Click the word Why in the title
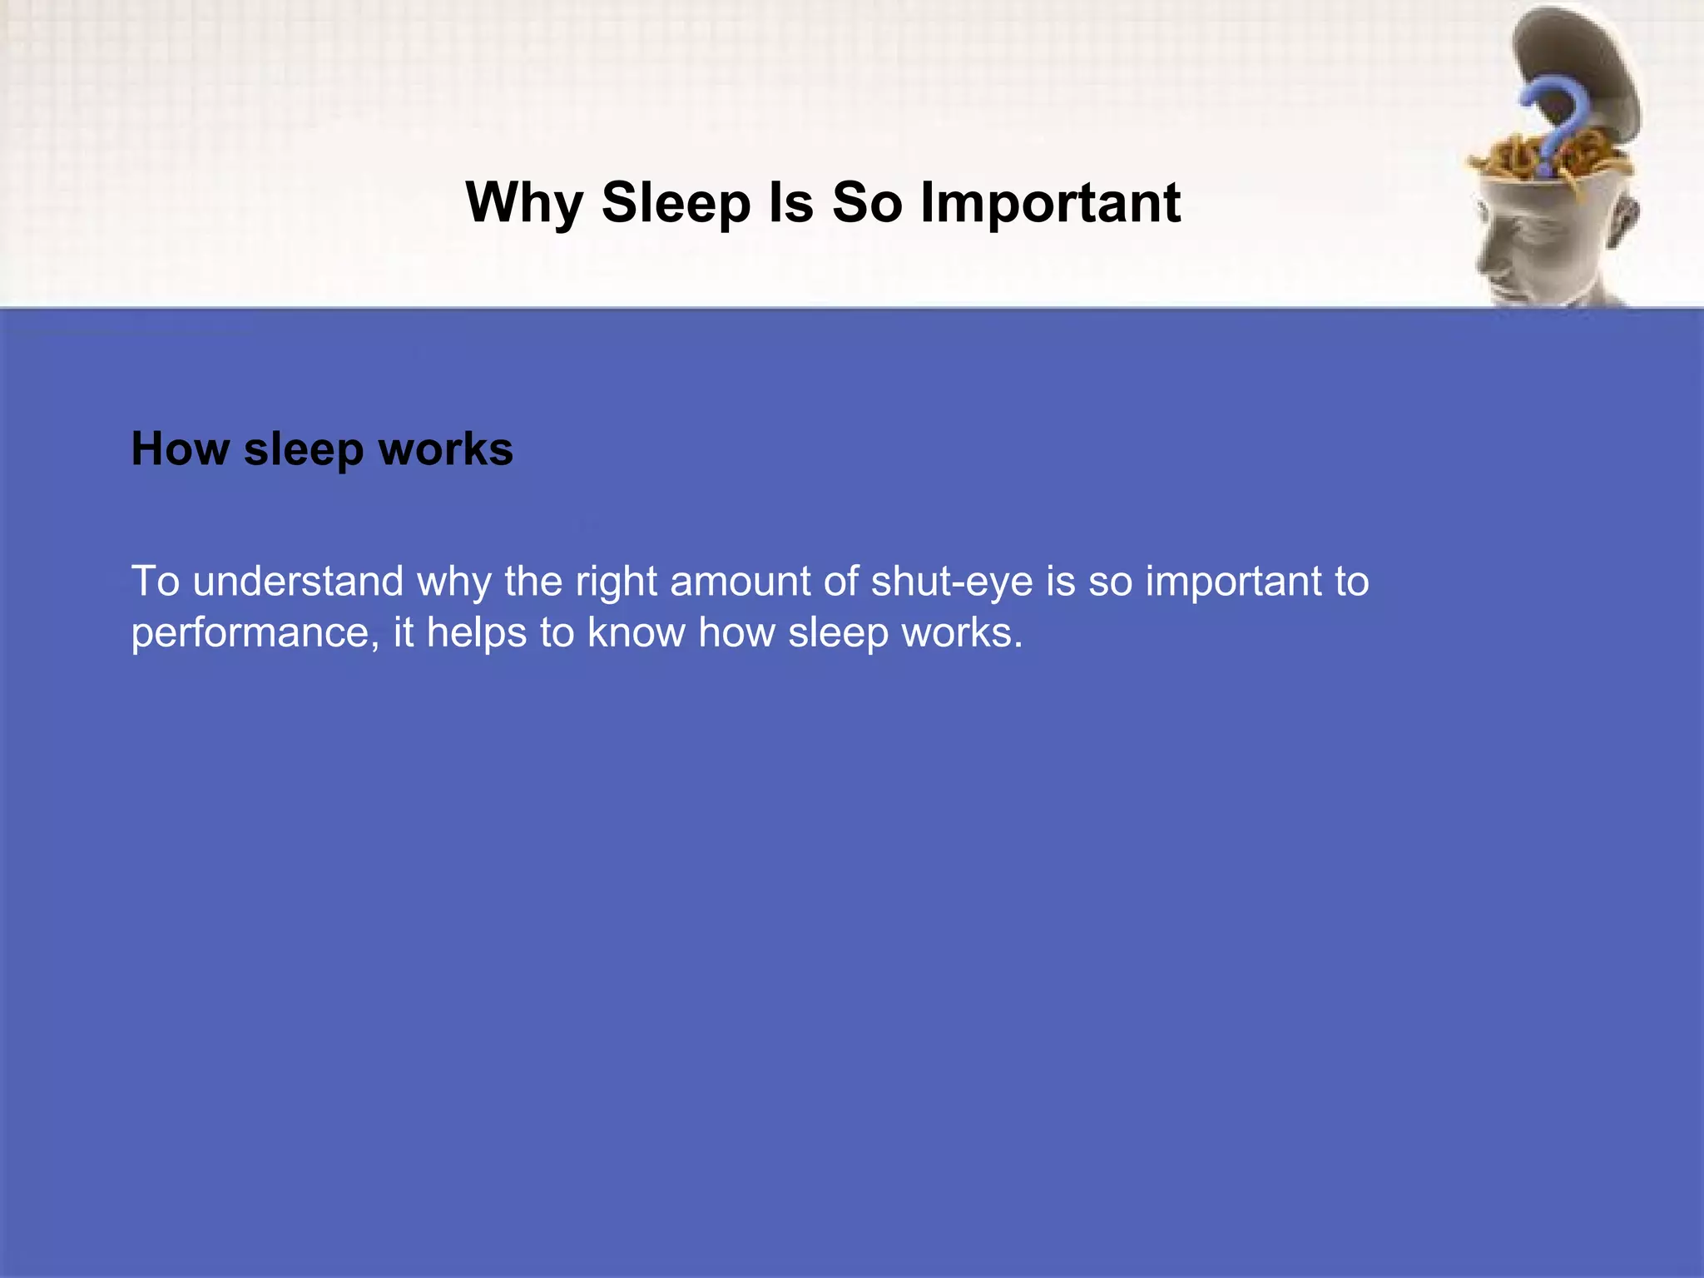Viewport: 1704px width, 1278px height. pyautogui.click(x=524, y=203)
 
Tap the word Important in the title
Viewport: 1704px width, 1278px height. pyautogui.click(x=1050, y=203)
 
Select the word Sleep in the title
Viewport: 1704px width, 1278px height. pyautogui.click(x=676, y=203)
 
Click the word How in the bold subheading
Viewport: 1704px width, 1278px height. pyautogui.click(x=180, y=449)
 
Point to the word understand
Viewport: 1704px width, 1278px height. pyautogui.click(x=298, y=581)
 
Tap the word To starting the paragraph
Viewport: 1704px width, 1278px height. pyautogui.click(x=156, y=581)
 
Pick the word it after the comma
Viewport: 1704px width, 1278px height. pyautogui.click(x=404, y=632)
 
